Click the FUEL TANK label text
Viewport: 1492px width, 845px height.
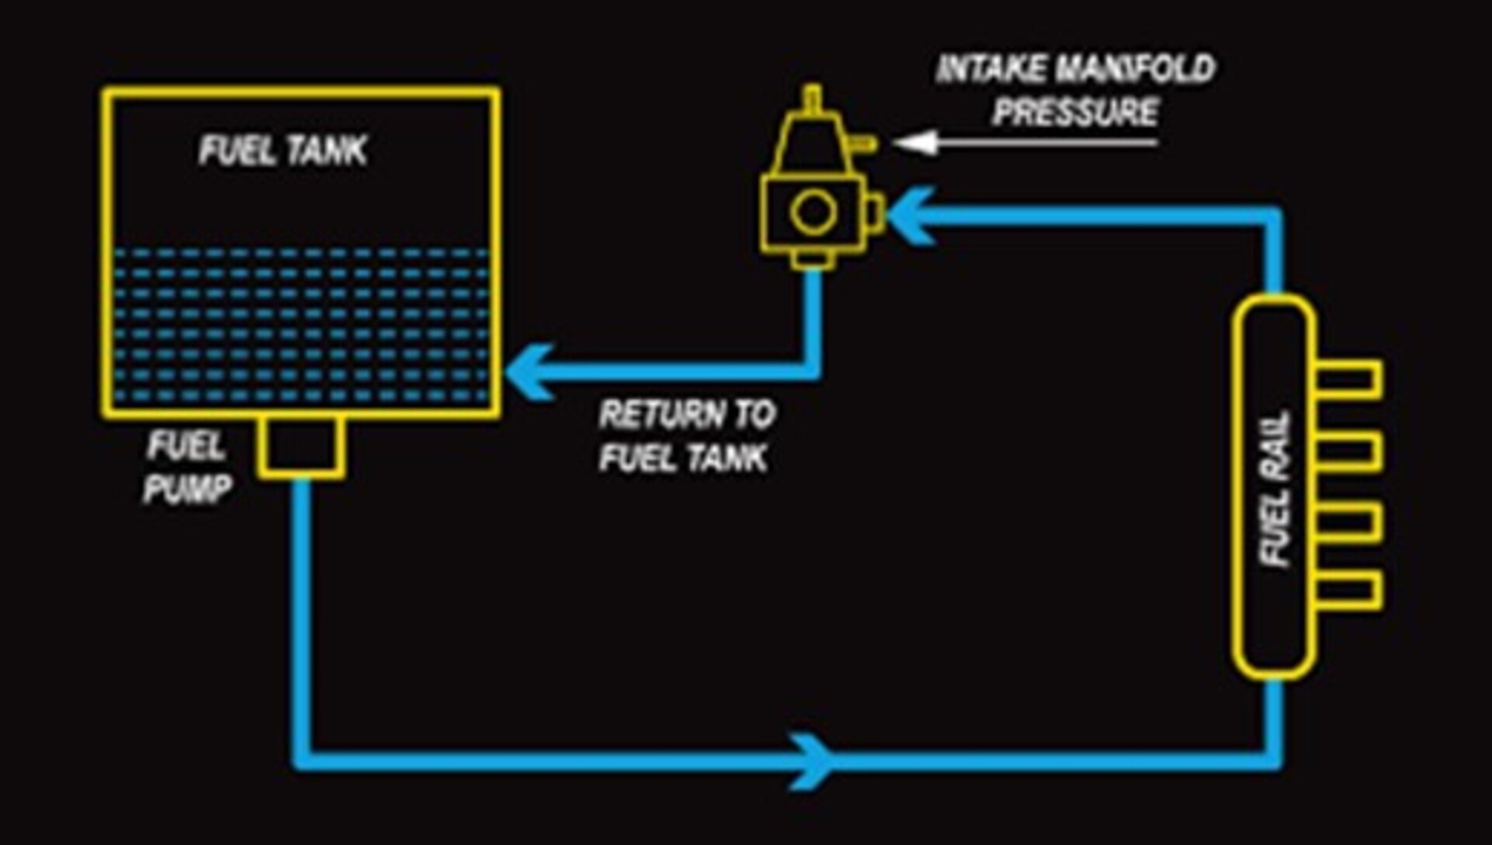[283, 150]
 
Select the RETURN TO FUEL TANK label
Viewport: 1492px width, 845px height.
[685, 436]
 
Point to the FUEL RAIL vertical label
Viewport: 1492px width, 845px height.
[1275, 489]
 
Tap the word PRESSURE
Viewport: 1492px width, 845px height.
[1075, 113]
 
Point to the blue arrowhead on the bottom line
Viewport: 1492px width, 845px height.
[811, 761]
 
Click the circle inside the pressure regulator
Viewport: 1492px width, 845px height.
[813, 212]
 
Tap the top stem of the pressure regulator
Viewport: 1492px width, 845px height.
[812, 99]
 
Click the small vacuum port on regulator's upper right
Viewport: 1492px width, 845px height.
[865, 144]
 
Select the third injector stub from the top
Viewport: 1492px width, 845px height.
[1349, 521]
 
